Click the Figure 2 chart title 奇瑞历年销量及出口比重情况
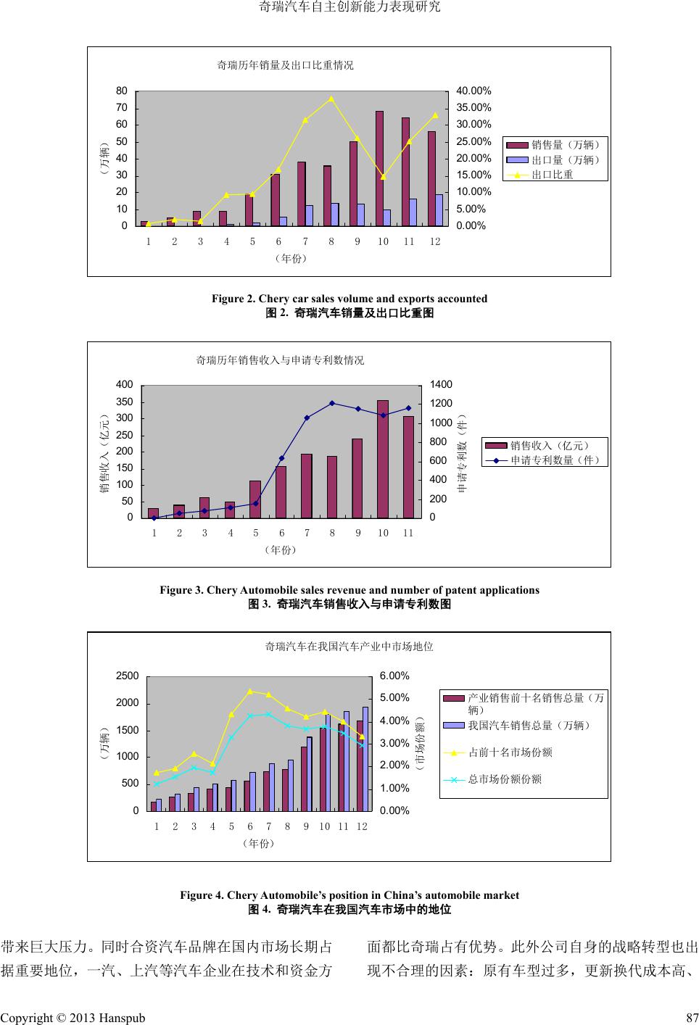[x=285, y=65]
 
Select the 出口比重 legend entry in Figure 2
[x=552, y=175]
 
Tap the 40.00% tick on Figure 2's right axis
[x=473, y=91]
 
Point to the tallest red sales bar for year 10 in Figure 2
[x=379, y=167]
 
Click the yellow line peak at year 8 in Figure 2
[x=331, y=99]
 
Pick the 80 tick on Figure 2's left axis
[x=122, y=91]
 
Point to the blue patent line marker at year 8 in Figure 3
[x=331, y=403]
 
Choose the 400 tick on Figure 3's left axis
[x=125, y=385]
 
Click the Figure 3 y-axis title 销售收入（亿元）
[x=105, y=452]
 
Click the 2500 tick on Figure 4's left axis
[x=127, y=676]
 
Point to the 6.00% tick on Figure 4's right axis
[x=395, y=676]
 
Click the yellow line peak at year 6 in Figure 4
[x=250, y=692]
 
